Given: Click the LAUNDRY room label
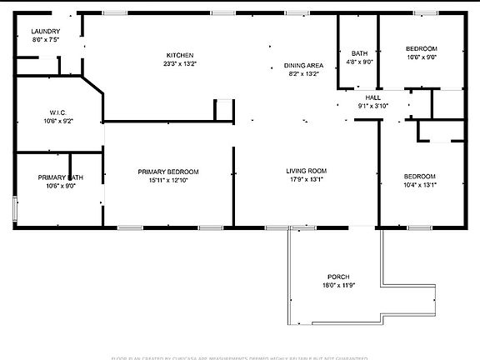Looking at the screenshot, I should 46,31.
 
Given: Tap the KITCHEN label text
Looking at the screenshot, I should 179,55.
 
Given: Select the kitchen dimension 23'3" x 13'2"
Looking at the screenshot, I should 179,64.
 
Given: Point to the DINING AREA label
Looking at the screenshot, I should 303,65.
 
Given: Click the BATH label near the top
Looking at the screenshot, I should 359,52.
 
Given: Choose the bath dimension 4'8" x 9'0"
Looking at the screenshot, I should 359,62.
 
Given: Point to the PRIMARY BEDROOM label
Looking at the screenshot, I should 168,172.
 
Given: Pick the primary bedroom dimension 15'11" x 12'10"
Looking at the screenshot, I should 168,181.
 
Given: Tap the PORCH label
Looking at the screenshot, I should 337,277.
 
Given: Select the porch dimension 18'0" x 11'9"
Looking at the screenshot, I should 337,286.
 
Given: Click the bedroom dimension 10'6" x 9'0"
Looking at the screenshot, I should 421,57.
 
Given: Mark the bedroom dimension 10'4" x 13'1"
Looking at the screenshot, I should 420,185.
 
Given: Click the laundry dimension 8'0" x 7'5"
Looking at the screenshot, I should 46,40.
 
